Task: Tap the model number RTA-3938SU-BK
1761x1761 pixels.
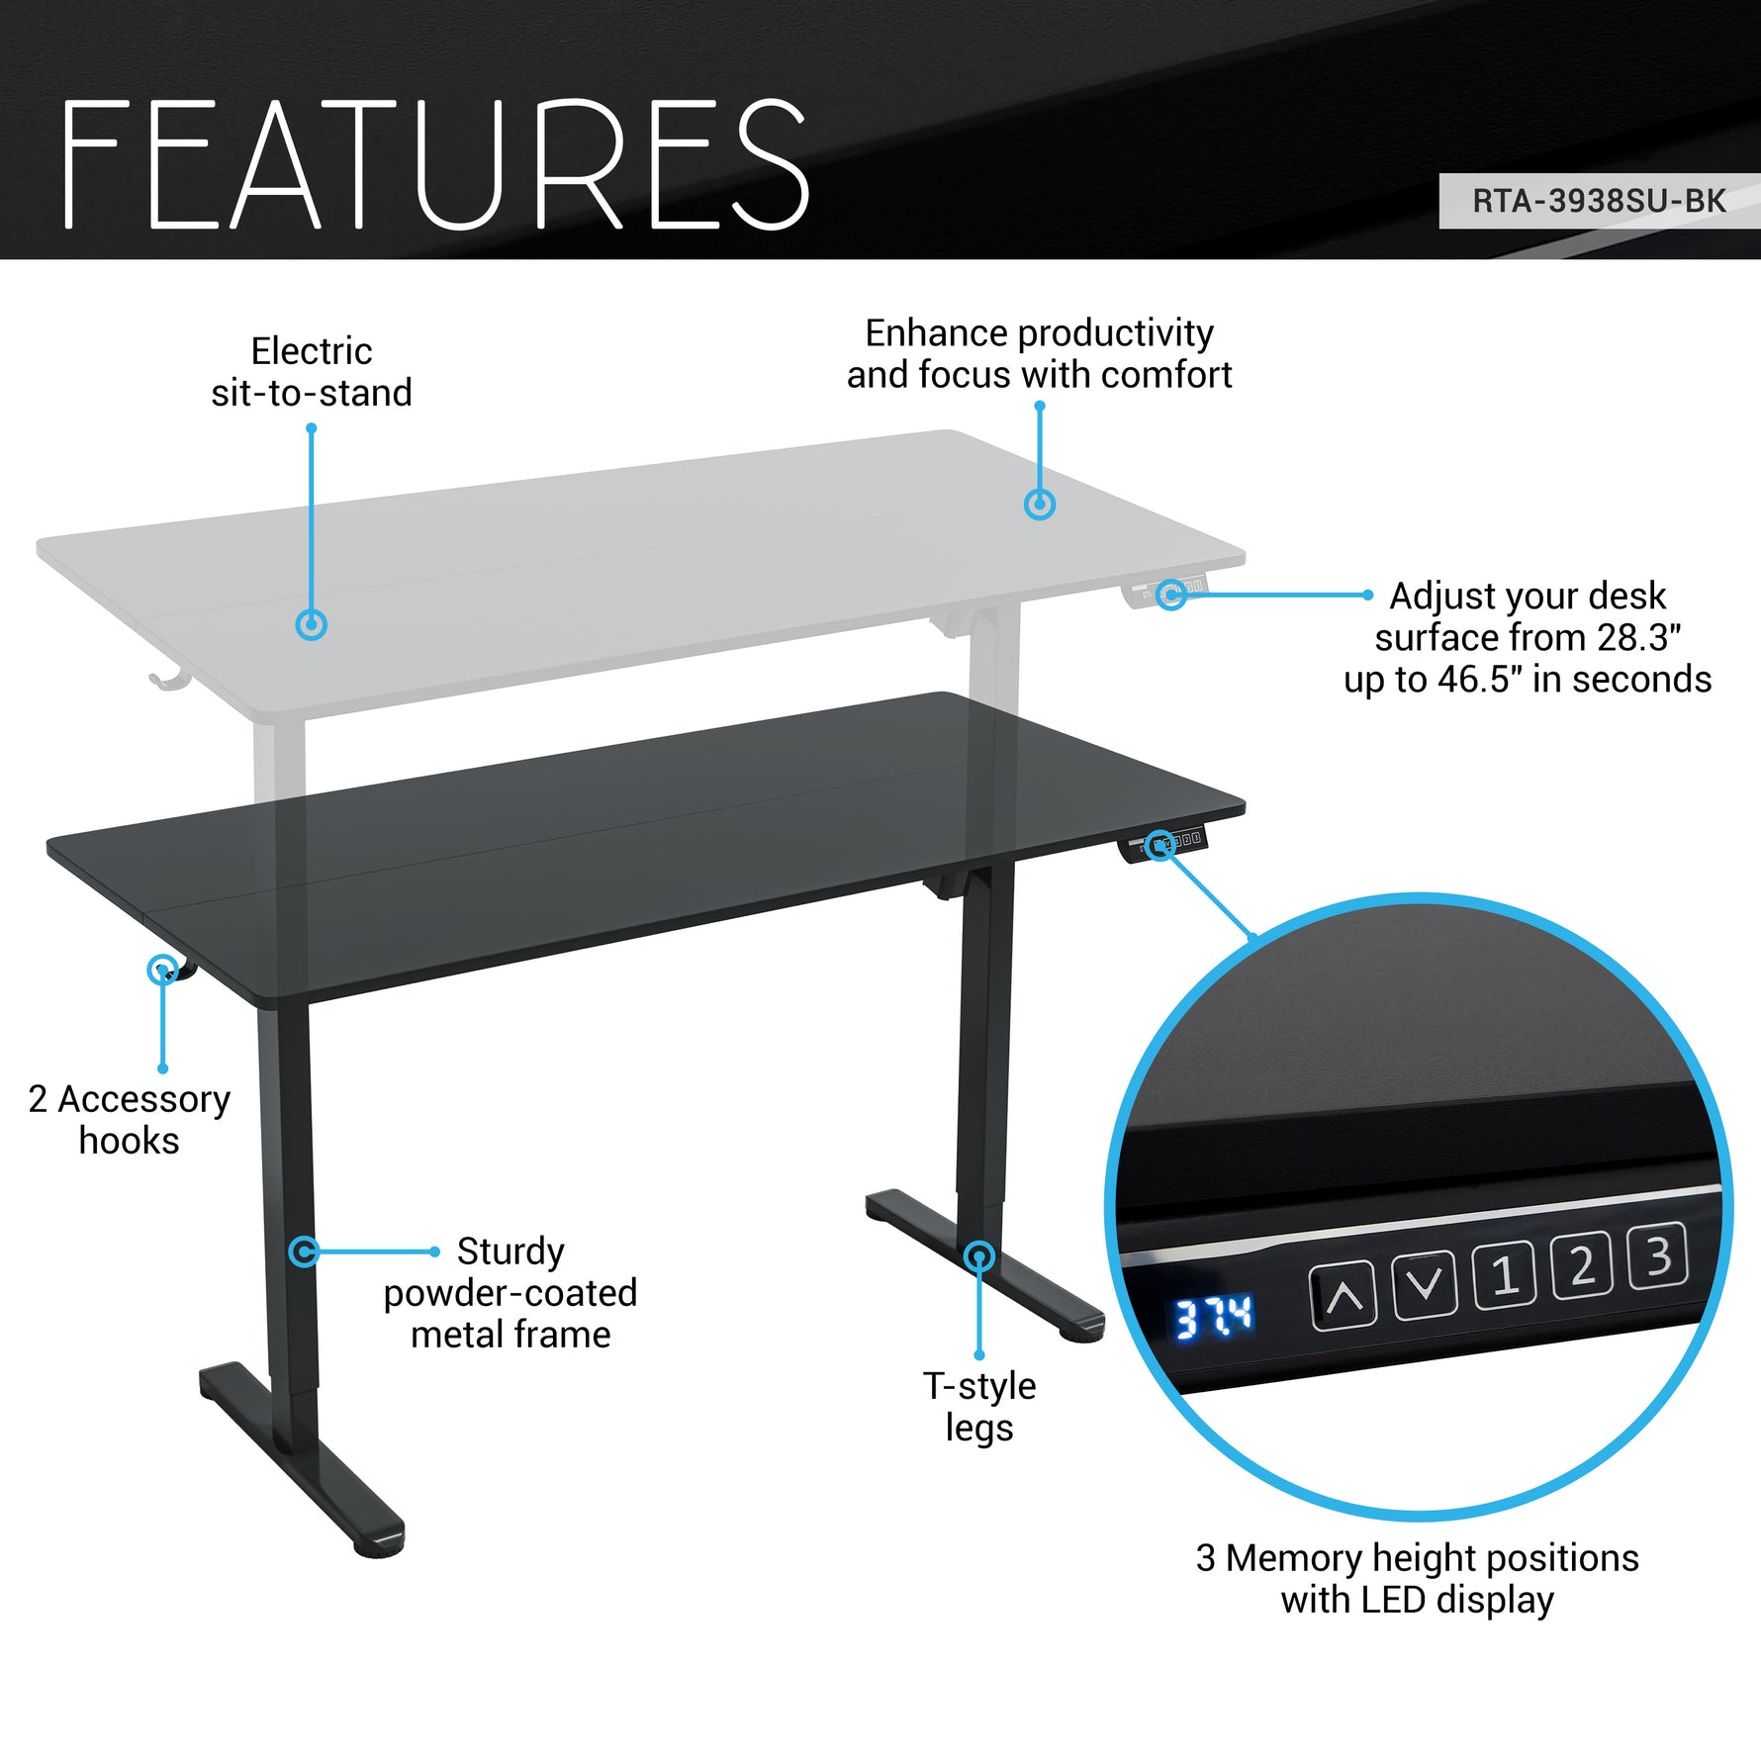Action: [1598, 201]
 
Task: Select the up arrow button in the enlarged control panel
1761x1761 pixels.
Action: [1343, 1295]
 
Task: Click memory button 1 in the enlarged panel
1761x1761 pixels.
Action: [1505, 1275]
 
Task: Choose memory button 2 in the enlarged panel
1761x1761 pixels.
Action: [1581, 1265]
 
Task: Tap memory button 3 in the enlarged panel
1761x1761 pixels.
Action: [1657, 1256]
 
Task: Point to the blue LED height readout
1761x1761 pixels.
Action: [1213, 1318]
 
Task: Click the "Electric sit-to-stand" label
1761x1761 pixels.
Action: [312, 372]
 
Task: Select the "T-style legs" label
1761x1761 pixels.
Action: [979, 1406]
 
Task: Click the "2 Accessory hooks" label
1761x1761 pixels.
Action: [130, 1119]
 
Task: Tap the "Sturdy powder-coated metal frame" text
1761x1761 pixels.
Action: [510, 1292]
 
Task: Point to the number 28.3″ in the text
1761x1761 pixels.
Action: [1638, 638]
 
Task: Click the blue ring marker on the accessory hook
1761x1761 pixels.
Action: [162, 970]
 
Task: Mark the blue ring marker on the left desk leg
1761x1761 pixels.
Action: [304, 1251]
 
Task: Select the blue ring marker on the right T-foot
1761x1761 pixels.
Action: [978, 1256]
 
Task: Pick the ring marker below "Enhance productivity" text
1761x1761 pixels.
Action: [1039, 505]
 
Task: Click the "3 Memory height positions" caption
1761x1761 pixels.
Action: [1417, 1557]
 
